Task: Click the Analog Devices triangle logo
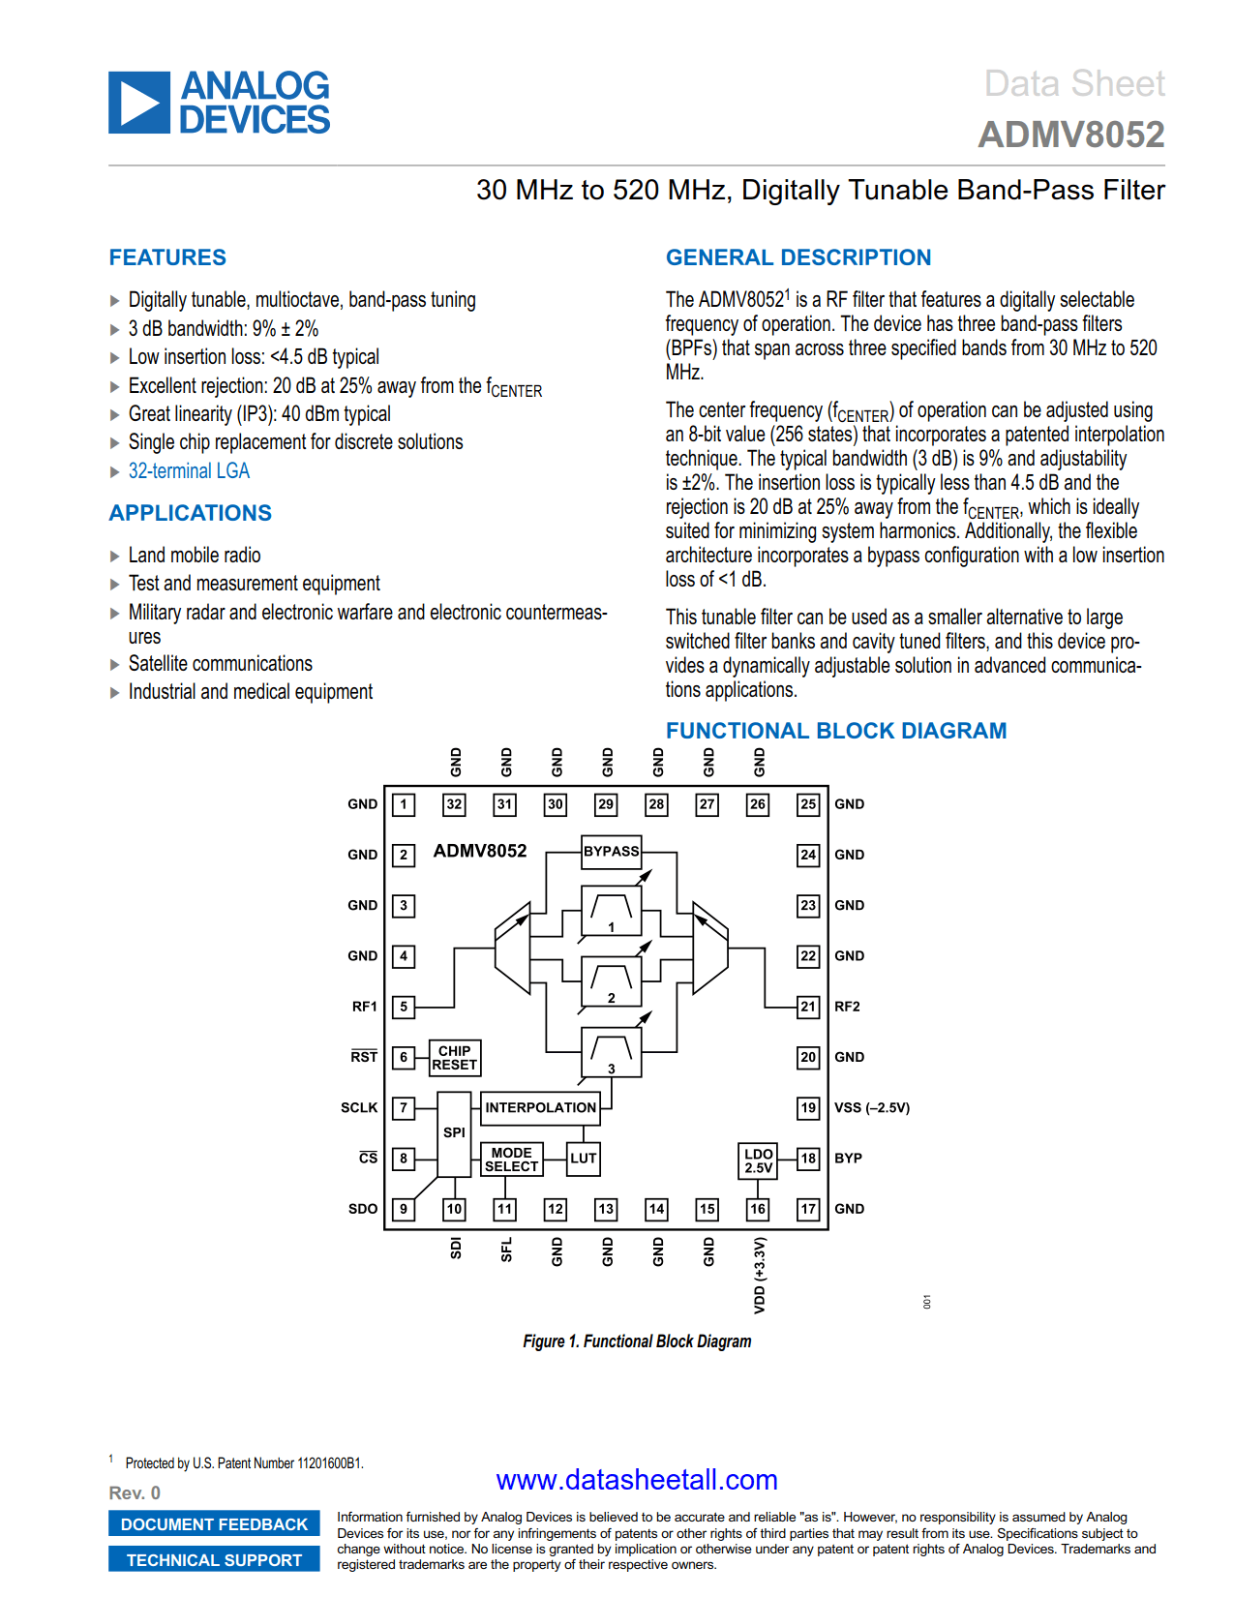(139, 103)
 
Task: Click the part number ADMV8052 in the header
(1070, 135)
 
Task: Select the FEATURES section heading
(167, 257)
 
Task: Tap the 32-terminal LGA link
(189, 471)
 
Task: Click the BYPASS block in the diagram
(612, 852)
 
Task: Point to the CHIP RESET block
(454, 1058)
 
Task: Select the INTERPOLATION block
(540, 1107)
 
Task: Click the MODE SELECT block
(511, 1159)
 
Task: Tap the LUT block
(583, 1159)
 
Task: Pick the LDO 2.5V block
(758, 1160)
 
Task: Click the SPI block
(454, 1132)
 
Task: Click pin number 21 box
(808, 1007)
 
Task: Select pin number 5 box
(404, 1007)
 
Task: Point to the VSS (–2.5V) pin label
(871, 1107)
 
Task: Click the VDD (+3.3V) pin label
(759, 1274)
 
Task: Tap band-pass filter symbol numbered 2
(611, 981)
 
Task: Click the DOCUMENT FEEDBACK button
(214, 1524)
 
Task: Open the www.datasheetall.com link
(636, 1480)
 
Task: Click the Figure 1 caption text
(637, 1341)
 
